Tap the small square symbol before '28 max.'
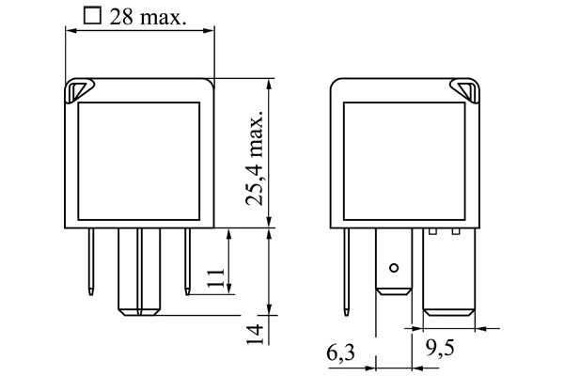tap(91, 15)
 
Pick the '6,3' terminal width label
tap(340, 355)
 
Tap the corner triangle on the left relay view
tap(76, 90)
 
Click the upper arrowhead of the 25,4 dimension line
tap(271, 84)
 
